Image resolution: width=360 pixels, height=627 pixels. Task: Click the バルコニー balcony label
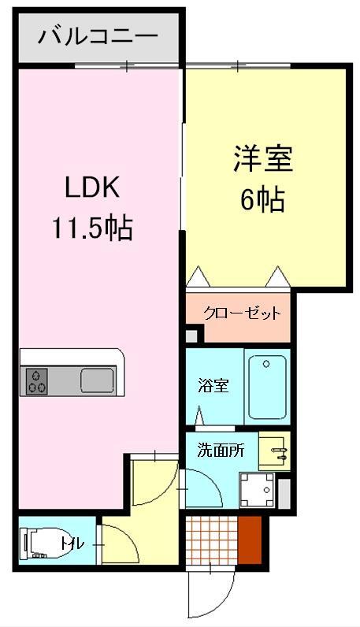click(98, 36)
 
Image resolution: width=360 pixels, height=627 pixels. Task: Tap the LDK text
click(91, 189)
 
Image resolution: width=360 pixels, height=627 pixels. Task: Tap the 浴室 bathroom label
click(212, 387)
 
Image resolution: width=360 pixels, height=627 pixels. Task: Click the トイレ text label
click(72, 543)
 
